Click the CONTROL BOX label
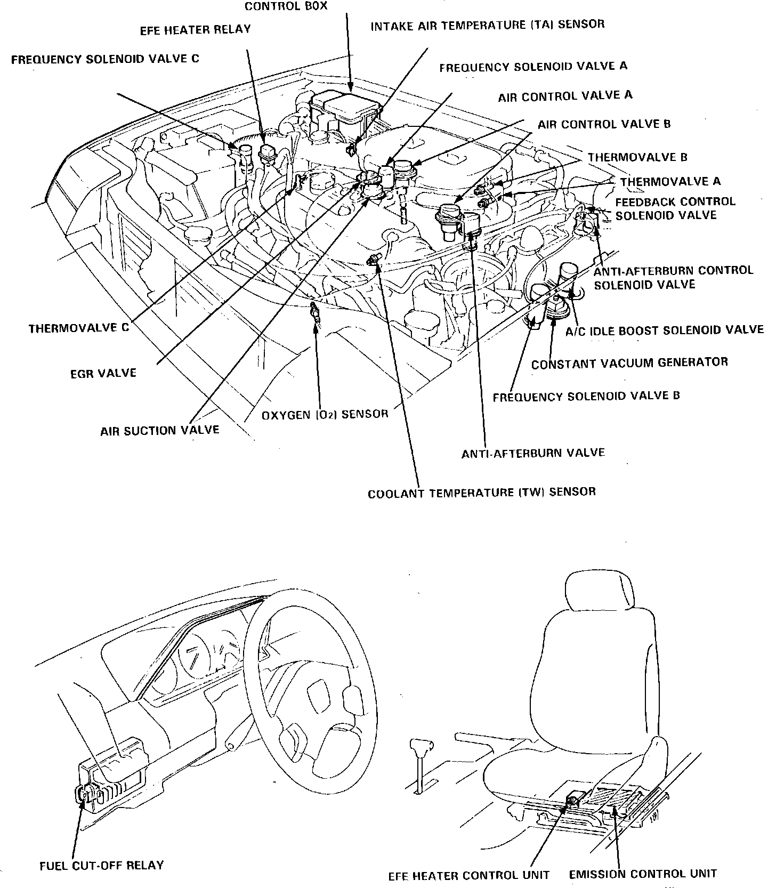pos(286,6)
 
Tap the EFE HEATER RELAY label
pos(195,30)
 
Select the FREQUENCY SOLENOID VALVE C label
pos(105,59)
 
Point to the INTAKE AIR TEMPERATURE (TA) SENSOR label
pos(488,25)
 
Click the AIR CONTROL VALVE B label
pos(604,125)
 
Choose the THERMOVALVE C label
pos(79,328)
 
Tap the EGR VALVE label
pos(103,373)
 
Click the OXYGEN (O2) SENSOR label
pos(325,414)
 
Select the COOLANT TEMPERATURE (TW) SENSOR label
pos(482,492)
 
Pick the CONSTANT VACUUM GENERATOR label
pos(629,364)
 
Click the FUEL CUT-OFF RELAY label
pos(102,865)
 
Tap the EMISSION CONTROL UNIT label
pos(643,874)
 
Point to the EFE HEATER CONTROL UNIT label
pos(468,875)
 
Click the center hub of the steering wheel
pos(320,698)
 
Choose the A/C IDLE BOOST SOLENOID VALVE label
pos(664,330)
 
